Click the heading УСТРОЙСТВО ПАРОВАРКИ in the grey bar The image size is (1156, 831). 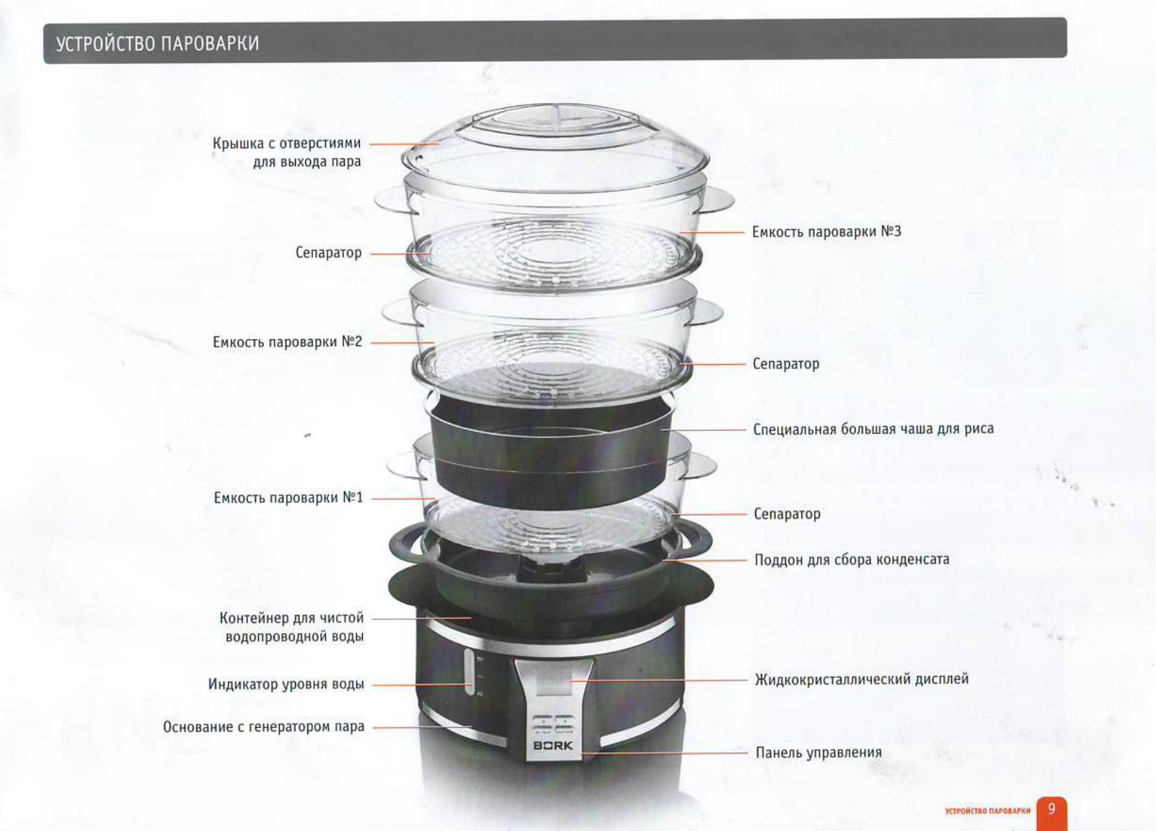[157, 44]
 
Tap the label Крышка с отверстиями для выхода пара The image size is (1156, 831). [287, 152]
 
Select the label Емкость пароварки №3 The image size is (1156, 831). [826, 231]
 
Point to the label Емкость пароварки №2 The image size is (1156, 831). [288, 342]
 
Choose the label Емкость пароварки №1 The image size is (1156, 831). [288, 498]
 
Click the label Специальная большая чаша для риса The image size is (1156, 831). [873, 429]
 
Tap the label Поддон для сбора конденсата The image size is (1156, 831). [852, 560]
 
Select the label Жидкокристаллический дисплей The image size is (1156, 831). [862, 680]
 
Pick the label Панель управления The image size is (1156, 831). [819, 752]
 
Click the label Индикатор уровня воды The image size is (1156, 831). [286, 685]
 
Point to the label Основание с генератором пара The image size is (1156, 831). [264, 726]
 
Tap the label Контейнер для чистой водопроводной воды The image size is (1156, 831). [292, 627]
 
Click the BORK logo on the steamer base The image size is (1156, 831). [553, 746]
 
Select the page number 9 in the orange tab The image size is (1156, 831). [1051, 809]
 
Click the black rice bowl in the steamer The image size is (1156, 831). [552, 454]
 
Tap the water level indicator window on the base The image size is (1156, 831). [469, 672]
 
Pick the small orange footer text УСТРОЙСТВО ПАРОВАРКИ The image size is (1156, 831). [987, 812]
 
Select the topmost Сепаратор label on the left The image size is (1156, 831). [329, 253]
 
